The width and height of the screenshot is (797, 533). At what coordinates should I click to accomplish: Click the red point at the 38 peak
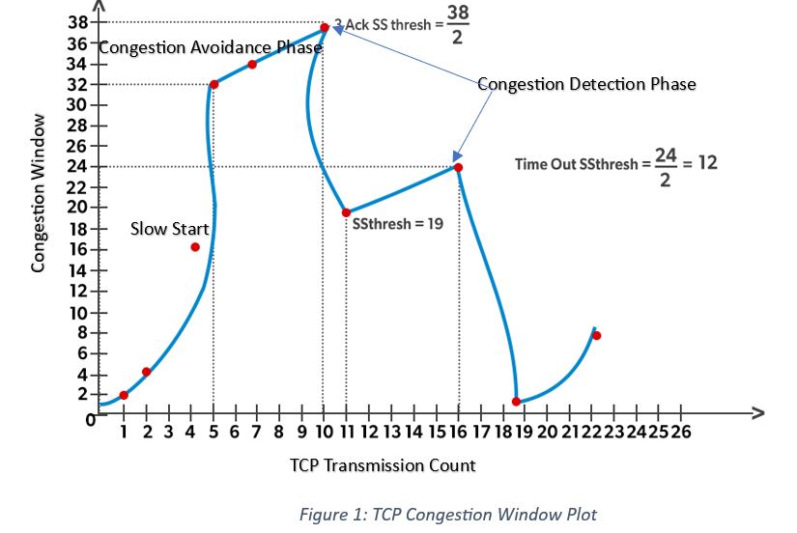click(x=324, y=28)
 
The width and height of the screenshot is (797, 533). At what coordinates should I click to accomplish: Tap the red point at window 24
click(x=458, y=167)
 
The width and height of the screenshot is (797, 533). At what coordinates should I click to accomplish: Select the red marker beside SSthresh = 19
click(x=346, y=212)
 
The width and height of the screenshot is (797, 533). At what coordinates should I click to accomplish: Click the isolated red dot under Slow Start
click(x=195, y=247)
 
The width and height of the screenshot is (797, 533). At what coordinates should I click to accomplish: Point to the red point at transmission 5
click(x=213, y=85)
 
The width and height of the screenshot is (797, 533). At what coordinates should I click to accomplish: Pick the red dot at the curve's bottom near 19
click(x=516, y=401)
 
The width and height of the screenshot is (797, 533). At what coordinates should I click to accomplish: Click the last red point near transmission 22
click(x=597, y=336)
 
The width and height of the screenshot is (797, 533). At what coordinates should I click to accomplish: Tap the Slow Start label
click(x=169, y=229)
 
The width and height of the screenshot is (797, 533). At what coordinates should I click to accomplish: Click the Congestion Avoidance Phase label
click(x=210, y=47)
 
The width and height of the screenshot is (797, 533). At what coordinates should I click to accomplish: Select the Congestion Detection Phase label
click(x=586, y=84)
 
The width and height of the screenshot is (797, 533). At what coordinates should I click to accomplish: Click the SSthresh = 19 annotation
click(x=391, y=223)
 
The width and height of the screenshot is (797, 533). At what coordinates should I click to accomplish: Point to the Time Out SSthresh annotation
click(x=616, y=163)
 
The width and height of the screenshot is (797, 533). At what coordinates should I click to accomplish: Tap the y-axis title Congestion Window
click(x=39, y=193)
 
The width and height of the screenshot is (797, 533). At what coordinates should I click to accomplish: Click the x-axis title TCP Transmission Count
click(x=383, y=465)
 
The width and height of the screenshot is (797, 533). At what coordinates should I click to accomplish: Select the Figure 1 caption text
click(x=447, y=515)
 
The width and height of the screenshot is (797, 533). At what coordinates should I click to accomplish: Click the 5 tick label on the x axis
click(x=213, y=432)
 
